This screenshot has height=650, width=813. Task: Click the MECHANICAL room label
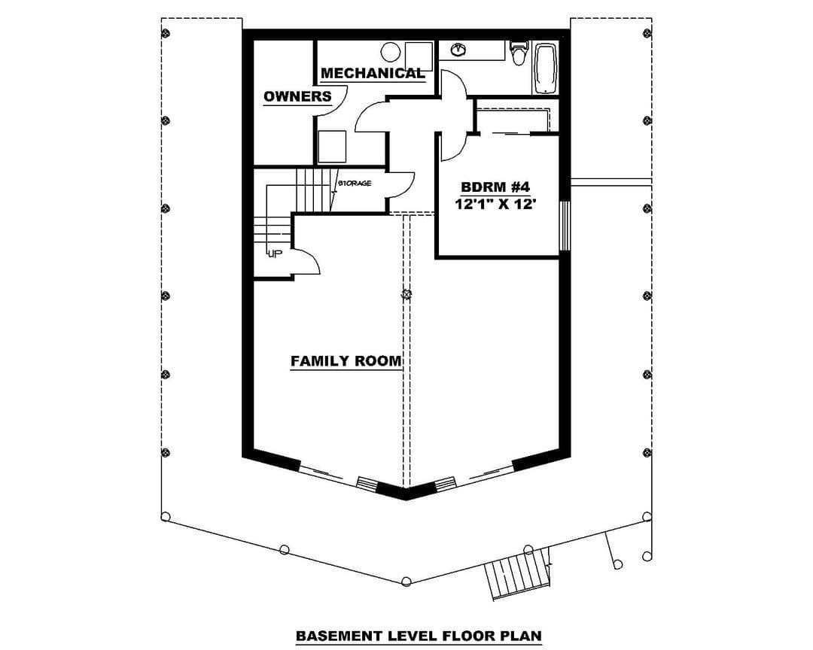373,73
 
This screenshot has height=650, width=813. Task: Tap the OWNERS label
297,96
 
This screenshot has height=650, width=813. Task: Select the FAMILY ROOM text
346,361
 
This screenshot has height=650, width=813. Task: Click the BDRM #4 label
495,187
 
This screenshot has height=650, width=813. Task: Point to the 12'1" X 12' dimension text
495,204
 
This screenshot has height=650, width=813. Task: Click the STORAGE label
355,183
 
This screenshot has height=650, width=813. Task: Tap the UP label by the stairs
274,254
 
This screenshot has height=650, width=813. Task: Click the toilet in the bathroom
519,53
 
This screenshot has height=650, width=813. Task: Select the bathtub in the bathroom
546,68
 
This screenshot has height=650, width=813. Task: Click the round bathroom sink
458,50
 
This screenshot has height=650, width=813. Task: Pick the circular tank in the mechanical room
390,52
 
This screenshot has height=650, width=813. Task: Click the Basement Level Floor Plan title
419,636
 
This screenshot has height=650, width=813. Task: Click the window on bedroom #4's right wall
565,226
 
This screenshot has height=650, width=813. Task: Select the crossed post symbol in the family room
406,294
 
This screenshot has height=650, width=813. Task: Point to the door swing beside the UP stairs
306,261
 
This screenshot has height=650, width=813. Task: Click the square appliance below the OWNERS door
332,147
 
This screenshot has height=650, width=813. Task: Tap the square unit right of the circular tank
419,56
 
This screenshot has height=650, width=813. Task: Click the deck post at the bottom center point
406,581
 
